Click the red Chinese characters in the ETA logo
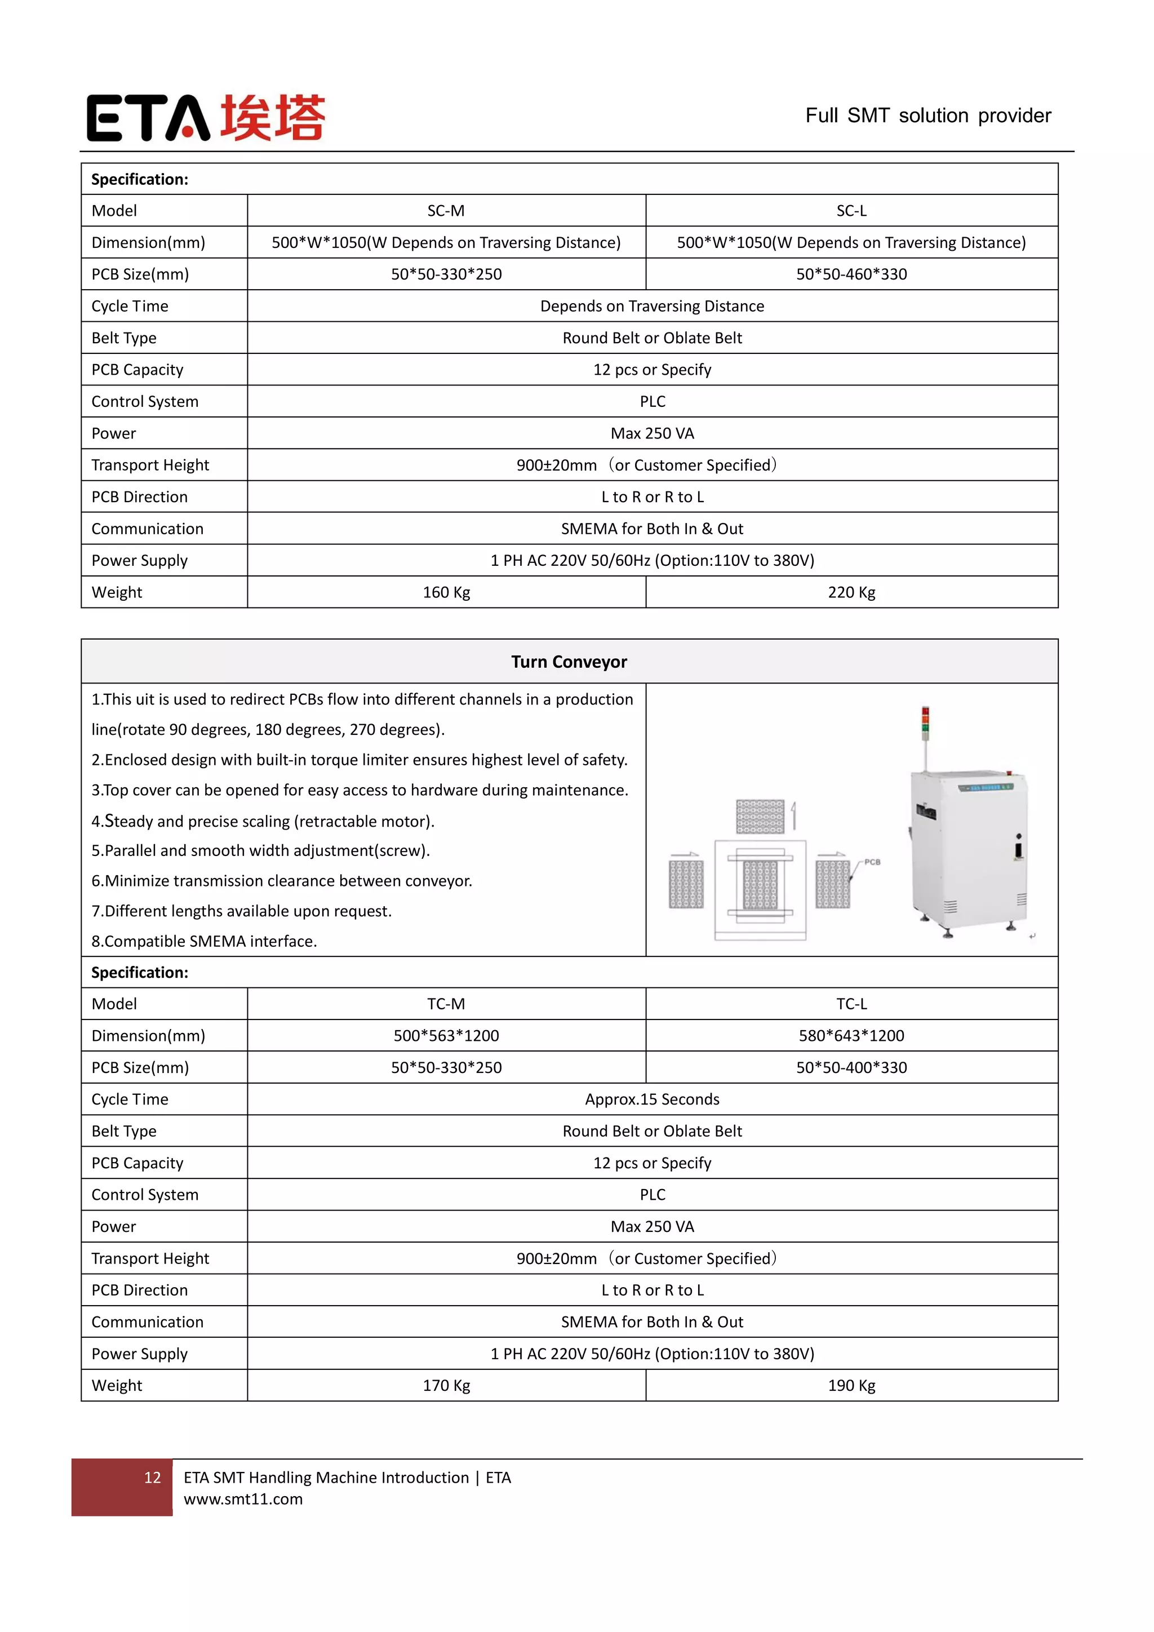pos(272,117)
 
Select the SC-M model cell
pos(446,211)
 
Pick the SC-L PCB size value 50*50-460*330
pos(851,274)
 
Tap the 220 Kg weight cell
pos(851,592)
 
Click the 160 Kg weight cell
pos(446,592)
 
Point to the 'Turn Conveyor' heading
pos(569,662)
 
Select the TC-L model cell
pos(851,1004)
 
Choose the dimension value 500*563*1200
pos(446,1036)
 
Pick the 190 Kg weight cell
pos(851,1385)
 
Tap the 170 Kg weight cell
pos(446,1385)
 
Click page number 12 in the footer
pos(152,1478)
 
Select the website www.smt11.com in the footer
pos(243,1499)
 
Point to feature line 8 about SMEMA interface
pos(204,941)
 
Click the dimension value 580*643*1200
pos(851,1036)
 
